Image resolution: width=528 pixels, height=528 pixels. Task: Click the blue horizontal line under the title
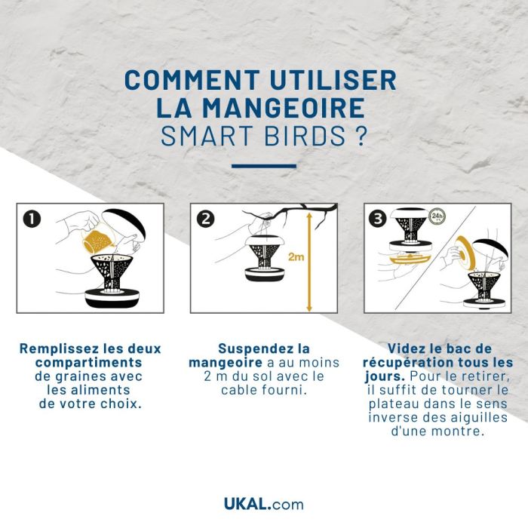click(x=263, y=166)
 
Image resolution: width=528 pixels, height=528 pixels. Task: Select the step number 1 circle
click(x=32, y=219)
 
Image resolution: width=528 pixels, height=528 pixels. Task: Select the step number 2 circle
click(x=204, y=219)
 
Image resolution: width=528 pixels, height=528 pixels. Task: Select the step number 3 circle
click(x=379, y=219)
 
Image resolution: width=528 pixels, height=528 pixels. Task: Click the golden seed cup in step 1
click(x=97, y=241)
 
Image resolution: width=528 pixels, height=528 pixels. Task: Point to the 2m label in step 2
click(x=297, y=257)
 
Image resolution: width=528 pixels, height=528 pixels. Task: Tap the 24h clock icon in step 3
click(x=436, y=217)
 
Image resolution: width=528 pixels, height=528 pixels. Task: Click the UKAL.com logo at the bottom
click(x=263, y=503)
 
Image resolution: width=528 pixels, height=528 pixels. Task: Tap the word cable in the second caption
click(x=241, y=390)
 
